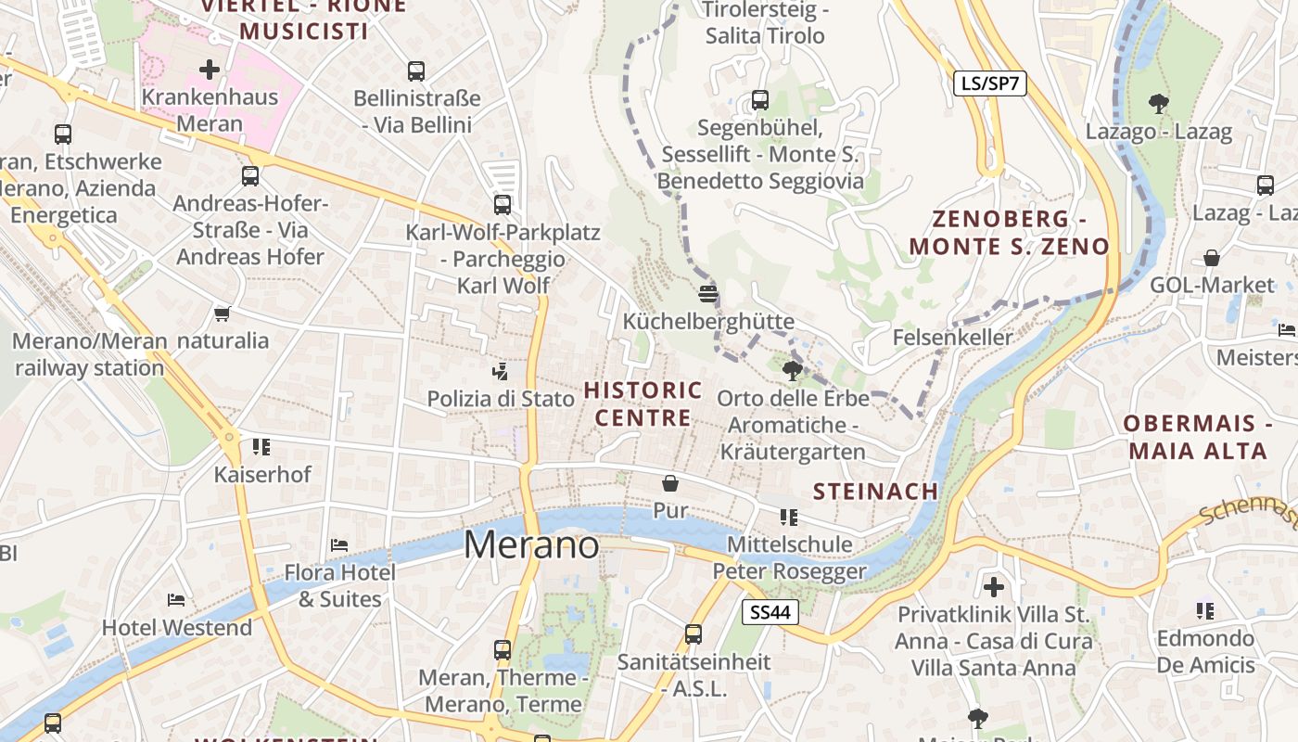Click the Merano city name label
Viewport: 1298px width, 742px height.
click(x=531, y=544)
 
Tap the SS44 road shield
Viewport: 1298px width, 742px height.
click(x=770, y=612)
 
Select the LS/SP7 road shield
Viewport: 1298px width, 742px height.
click(x=990, y=83)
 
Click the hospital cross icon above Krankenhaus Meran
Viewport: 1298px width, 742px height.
click(x=210, y=70)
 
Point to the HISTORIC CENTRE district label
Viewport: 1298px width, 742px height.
click(x=643, y=403)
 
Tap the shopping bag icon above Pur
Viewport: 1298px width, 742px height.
click(x=670, y=483)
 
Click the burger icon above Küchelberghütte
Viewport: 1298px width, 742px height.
click(x=709, y=294)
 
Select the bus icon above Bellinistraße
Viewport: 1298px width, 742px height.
click(x=416, y=71)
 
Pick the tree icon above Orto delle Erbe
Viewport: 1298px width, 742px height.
click(x=793, y=372)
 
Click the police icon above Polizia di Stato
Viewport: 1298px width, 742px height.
click(x=501, y=372)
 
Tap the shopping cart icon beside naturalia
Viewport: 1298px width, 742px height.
click(x=222, y=313)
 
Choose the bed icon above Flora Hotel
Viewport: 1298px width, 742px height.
click(x=339, y=544)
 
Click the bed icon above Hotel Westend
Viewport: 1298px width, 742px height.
click(x=176, y=600)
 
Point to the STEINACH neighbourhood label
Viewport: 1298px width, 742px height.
click(x=875, y=492)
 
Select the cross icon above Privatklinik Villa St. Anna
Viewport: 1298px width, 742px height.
click(x=994, y=587)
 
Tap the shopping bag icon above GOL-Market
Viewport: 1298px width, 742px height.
click(x=1212, y=258)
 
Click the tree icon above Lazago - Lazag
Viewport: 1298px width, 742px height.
click(x=1158, y=104)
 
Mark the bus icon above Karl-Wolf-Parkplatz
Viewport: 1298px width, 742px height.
click(x=503, y=205)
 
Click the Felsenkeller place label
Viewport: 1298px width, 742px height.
click(x=953, y=338)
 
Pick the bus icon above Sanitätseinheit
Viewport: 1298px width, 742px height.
click(x=694, y=634)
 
